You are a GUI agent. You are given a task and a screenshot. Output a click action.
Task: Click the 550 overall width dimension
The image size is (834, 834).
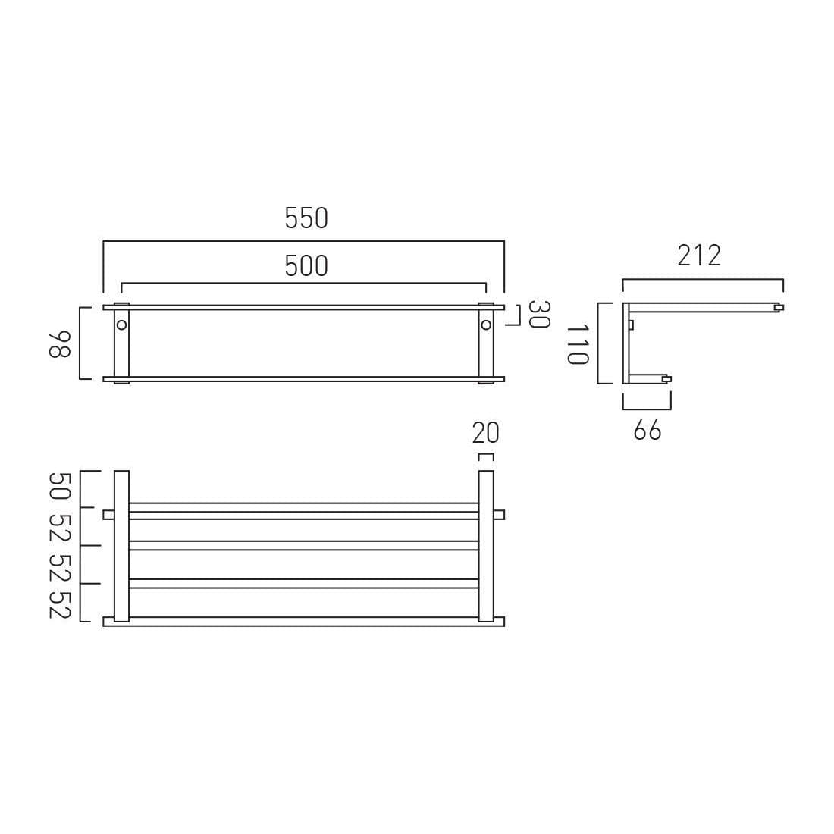[x=306, y=218]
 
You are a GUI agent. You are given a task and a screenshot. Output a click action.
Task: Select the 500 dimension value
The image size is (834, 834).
[x=306, y=265]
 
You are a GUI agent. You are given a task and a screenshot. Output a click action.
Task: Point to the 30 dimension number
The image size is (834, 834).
[x=538, y=314]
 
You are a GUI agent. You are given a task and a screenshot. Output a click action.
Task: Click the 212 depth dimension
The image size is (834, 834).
[x=699, y=256]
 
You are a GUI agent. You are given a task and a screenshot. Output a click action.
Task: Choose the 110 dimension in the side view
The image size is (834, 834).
[x=578, y=343]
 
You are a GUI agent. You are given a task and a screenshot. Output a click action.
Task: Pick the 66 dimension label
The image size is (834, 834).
[x=647, y=431]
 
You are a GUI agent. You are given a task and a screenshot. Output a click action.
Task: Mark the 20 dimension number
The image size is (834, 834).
[x=486, y=433]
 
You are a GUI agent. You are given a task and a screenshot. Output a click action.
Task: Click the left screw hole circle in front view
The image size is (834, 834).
[x=121, y=325]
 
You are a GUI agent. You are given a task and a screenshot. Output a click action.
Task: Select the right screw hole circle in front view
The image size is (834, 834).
[x=486, y=325]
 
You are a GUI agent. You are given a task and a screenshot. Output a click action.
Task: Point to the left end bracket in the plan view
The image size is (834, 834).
[x=121, y=546]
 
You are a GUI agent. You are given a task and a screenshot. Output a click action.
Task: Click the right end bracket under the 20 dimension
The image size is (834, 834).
[x=486, y=546]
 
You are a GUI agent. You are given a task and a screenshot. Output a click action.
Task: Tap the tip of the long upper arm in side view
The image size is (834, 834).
[x=779, y=307]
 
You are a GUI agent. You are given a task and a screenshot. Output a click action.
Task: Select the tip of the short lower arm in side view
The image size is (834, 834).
[x=666, y=378]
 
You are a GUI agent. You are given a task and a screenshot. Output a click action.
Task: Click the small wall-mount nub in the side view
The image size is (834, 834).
[x=631, y=325]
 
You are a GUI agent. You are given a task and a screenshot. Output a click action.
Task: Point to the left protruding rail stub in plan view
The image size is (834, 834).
[x=108, y=515]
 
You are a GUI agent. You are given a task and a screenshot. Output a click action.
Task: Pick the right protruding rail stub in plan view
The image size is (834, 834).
[x=499, y=515]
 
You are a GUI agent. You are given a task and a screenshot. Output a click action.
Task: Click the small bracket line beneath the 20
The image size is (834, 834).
[x=486, y=456]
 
